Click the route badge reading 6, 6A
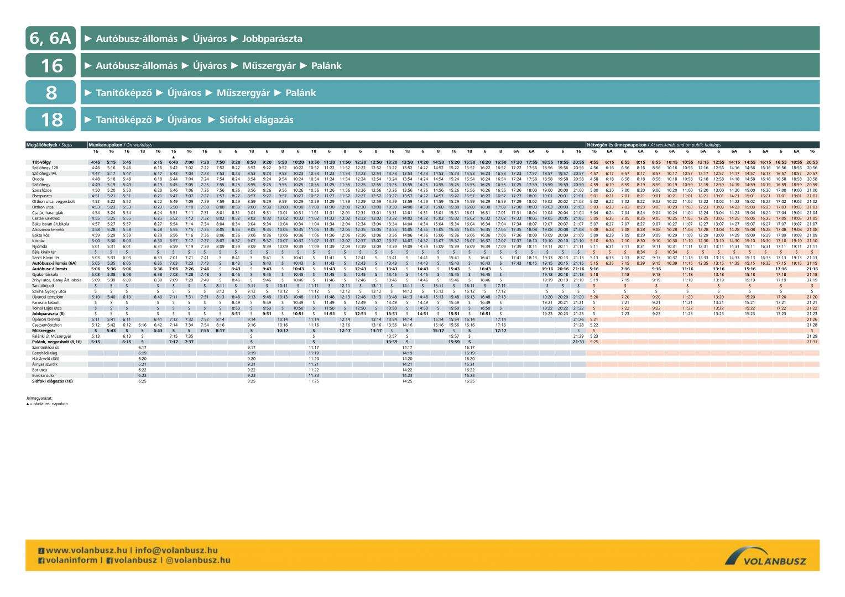[x=50, y=39]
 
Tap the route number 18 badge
[x=50, y=119]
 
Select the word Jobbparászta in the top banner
[x=272, y=39]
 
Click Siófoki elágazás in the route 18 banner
[x=257, y=120]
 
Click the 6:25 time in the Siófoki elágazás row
[x=142, y=381]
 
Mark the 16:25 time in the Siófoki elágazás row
[x=470, y=381]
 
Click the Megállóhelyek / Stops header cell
[x=49, y=145]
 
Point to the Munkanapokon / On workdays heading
[x=113, y=145]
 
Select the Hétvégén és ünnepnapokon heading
[x=617, y=145]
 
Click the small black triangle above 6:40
[x=174, y=157]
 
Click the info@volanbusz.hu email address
[x=176, y=551]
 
